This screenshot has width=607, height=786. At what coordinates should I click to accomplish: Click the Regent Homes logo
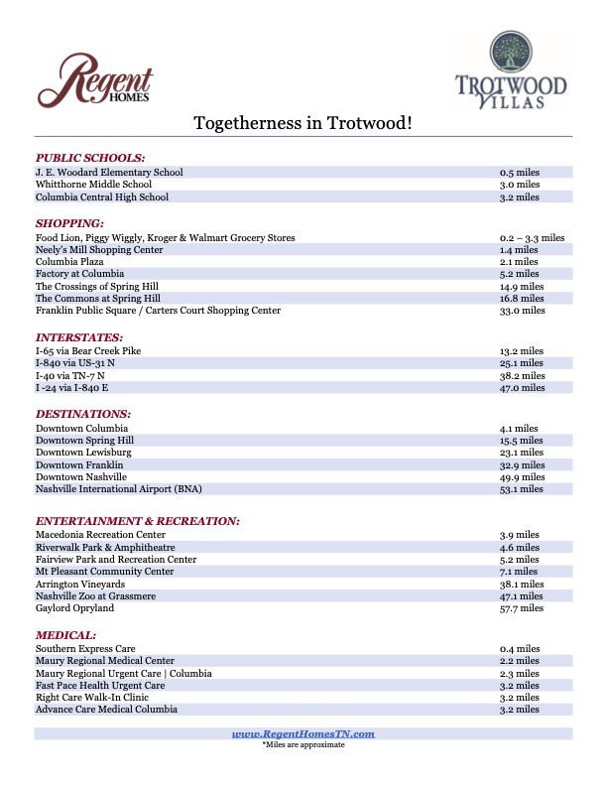95,80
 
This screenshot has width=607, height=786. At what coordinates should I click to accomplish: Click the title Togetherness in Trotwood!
303,123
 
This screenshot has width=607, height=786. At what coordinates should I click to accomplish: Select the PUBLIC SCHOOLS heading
90,158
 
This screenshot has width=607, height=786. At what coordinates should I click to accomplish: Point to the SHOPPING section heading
69,223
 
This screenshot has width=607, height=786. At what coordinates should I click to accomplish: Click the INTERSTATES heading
79,337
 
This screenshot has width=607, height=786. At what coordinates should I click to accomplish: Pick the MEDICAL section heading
65,634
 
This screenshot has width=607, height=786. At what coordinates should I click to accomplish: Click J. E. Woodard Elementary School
109,173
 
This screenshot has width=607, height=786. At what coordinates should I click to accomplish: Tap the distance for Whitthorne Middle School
520,185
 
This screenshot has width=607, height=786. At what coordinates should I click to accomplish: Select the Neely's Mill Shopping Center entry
99,250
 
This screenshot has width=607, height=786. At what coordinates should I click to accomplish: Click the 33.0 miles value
523,311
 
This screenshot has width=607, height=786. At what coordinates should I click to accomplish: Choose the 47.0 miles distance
523,388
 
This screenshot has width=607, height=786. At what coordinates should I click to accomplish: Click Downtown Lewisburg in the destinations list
83,453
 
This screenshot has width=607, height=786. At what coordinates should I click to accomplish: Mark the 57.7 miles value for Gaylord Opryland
523,608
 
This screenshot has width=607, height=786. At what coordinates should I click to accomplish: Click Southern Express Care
85,649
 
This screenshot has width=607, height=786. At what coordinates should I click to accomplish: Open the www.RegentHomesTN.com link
303,733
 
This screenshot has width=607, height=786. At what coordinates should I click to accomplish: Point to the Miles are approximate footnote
303,744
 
